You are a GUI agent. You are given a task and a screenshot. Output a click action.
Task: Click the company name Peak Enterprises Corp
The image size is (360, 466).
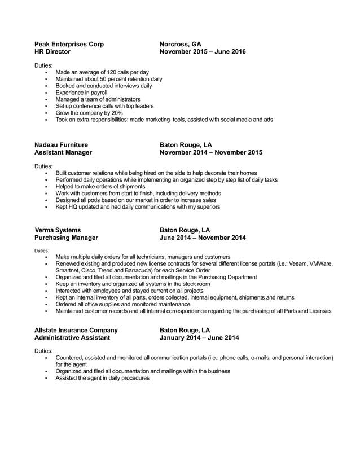click(69, 43)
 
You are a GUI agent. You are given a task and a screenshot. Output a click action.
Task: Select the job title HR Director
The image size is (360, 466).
click(52, 51)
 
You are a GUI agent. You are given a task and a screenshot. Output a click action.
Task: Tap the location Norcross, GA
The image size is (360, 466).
click(180, 43)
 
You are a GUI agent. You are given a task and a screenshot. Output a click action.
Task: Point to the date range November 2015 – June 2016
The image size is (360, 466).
click(203, 51)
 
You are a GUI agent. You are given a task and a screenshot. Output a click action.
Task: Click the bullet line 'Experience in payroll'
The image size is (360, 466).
click(81, 93)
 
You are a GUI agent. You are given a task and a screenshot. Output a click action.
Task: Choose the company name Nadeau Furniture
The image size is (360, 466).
click(62, 144)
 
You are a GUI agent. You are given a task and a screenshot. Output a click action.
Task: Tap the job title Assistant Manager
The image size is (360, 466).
click(63, 152)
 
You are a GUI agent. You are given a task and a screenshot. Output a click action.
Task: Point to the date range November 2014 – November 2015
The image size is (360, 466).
click(210, 152)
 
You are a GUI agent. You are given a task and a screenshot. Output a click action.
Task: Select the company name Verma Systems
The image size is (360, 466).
click(58, 230)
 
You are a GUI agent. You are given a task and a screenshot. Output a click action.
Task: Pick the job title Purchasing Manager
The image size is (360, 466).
click(67, 238)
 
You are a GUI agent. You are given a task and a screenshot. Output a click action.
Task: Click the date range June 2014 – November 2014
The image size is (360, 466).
click(203, 238)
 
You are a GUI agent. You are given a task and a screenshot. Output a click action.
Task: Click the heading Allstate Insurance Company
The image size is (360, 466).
click(76, 330)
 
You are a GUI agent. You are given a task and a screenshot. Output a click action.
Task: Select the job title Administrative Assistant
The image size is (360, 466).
click(76, 338)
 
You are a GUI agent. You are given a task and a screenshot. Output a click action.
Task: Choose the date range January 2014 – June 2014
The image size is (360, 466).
click(199, 338)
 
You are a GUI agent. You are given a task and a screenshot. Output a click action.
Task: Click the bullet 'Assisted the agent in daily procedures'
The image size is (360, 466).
click(102, 378)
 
